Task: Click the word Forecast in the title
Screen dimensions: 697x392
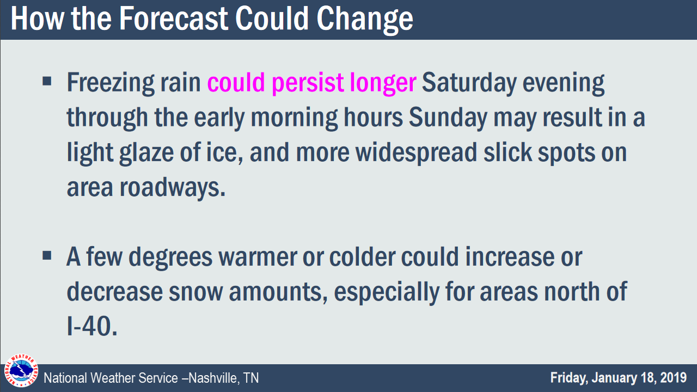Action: pos(174,19)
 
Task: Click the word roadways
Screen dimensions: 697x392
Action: pos(173,188)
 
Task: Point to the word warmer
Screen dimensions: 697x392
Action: pos(258,258)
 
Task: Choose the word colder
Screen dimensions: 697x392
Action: pos(362,257)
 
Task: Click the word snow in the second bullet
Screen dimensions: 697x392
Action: pos(195,292)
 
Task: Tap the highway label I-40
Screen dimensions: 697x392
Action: pos(92,326)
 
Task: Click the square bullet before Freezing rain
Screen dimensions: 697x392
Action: pos(47,81)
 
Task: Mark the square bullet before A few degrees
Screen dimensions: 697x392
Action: pos(47,255)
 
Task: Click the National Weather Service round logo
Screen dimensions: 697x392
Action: pos(21,370)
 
